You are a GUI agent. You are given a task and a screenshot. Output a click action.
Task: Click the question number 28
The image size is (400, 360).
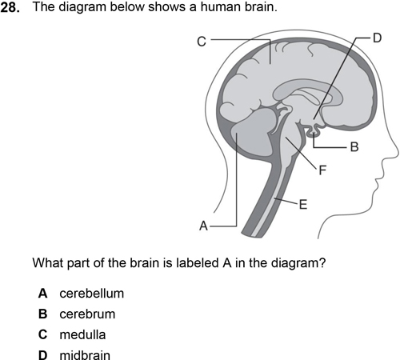point(10,7)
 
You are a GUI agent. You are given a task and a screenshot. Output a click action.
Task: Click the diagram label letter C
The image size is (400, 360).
point(202,42)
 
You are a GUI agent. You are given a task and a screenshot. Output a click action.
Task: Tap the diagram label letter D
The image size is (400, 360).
point(378,38)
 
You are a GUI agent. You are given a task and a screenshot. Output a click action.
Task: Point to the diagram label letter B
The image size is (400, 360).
point(354,147)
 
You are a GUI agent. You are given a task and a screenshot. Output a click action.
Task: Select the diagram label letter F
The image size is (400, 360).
point(322,170)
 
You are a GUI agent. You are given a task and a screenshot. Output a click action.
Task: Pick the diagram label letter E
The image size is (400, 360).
point(303,205)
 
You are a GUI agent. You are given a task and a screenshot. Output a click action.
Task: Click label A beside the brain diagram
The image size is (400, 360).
point(203,226)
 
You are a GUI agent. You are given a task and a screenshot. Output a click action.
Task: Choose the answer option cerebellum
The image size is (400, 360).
point(92,294)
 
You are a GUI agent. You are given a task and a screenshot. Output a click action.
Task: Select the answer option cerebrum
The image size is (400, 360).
point(87,314)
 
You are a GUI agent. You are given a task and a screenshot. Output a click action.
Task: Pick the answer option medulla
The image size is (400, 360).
point(82,334)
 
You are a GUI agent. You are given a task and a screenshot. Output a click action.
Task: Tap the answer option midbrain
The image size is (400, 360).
point(85,355)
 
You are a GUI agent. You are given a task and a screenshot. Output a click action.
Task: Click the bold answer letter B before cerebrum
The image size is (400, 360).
point(42,314)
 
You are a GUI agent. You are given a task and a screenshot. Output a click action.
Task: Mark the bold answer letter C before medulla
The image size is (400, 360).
point(42,334)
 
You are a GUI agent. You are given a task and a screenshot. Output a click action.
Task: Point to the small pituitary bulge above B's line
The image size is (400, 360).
point(314,130)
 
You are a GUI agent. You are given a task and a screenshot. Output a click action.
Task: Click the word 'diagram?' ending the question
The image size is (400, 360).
point(298,263)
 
